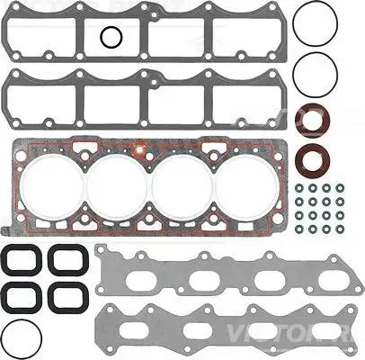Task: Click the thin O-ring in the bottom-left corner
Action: tap(22, 337)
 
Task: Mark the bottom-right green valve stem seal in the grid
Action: tap(341, 229)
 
